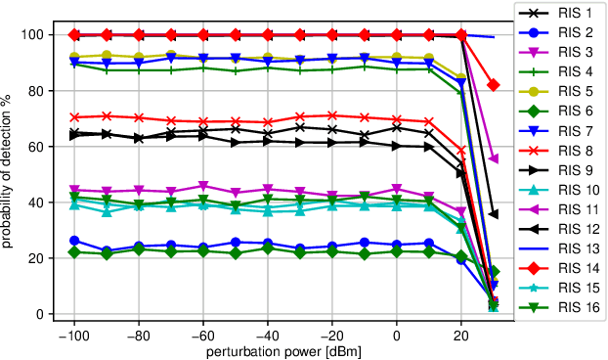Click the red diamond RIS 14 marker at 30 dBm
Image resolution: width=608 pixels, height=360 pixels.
(x=494, y=85)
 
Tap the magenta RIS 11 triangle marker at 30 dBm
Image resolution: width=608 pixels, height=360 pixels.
(x=494, y=158)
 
